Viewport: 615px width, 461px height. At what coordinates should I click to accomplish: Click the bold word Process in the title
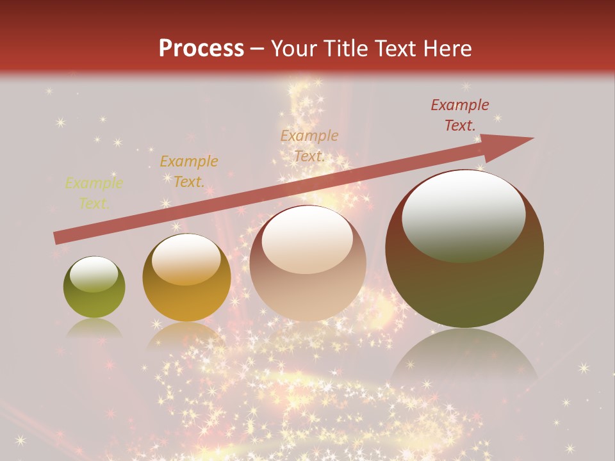[201, 48]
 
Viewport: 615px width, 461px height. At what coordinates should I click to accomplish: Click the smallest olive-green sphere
[94, 287]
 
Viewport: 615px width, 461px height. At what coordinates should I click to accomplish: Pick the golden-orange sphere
[186, 278]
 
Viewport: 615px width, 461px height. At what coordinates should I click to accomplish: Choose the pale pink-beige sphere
[307, 264]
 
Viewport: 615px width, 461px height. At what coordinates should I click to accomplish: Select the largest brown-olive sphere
[464, 249]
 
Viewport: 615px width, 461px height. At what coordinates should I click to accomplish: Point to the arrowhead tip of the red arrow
[532, 138]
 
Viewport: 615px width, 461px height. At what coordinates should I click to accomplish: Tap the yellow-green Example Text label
[94, 193]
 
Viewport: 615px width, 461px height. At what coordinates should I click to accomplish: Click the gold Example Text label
[188, 172]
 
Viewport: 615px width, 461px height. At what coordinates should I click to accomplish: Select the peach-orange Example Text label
[309, 145]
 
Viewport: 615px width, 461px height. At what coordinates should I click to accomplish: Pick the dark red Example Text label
[460, 115]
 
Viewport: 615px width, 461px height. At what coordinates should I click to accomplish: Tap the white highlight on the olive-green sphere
[94, 274]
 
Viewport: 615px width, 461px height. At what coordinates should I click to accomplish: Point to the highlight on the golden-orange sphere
[186, 259]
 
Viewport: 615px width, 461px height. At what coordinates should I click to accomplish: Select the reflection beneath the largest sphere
[464, 359]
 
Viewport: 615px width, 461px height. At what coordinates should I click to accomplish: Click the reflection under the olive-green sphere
[94, 328]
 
